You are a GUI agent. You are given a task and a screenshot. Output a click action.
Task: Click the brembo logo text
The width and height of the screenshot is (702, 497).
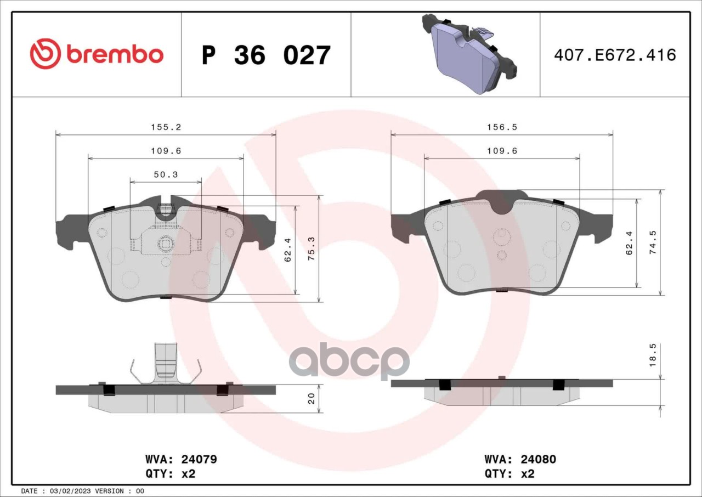coord(115,55)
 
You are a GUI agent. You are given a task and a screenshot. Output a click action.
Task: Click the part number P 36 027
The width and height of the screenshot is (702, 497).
coord(266,55)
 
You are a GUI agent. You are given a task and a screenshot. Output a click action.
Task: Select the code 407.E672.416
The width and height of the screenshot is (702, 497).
coord(615,55)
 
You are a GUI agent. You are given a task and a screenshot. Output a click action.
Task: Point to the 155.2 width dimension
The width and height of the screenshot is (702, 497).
coord(166,127)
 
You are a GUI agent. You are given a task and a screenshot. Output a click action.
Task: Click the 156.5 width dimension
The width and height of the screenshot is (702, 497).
coord(502,127)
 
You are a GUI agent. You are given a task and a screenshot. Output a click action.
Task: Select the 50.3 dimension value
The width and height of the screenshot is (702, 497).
coord(166,174)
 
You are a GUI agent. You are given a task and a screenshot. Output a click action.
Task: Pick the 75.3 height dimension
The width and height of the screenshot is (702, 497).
coord(312,248)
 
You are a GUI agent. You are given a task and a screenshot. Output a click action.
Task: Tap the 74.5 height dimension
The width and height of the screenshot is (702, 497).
coord(653,242)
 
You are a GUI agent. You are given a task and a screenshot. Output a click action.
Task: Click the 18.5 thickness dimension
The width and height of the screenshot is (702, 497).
coord(653,355)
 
